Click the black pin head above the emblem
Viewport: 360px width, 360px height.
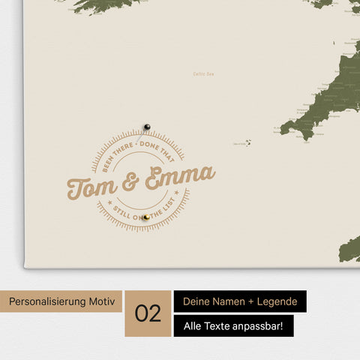pos(147,127)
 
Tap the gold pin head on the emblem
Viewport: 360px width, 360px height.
pos(147,217)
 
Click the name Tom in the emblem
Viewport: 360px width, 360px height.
pos(90,185)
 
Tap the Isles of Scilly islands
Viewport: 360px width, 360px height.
pos(247,142)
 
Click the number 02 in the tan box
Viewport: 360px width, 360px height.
pos(148,313)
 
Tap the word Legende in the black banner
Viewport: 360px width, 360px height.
pos(274,301)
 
